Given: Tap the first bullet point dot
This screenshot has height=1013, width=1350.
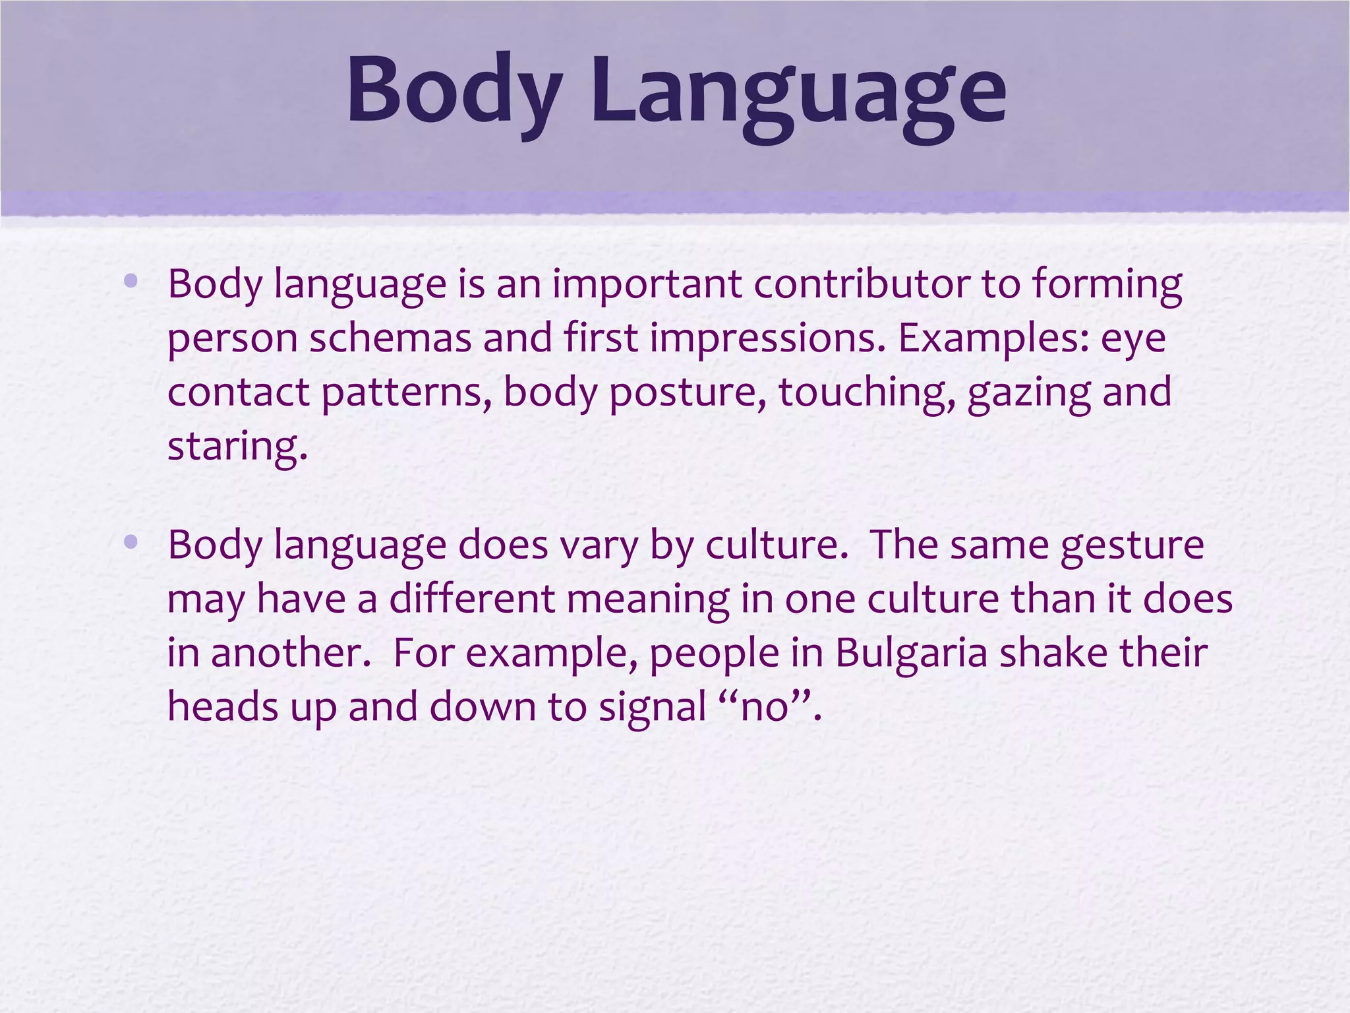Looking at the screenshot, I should point(131,282).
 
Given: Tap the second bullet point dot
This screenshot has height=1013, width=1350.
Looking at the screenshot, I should point(131,542).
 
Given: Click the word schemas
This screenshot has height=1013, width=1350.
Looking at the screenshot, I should point(390,338).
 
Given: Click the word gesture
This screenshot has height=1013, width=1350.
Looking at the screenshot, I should point(1132,547).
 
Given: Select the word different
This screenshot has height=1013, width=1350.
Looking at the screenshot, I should point(472,599).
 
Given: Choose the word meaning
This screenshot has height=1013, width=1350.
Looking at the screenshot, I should point(648,600).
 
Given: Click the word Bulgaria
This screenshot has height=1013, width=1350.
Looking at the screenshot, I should point(912,654).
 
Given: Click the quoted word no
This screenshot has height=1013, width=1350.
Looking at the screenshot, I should point(765,708).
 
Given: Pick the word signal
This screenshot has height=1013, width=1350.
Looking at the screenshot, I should point(653,708).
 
